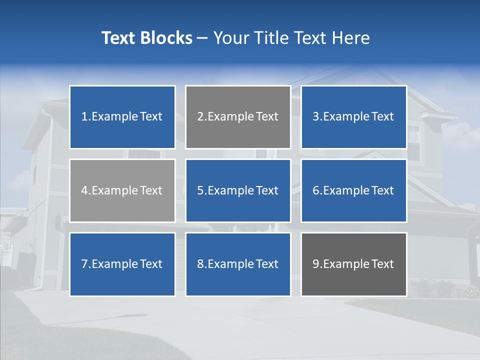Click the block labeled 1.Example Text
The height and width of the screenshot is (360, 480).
122,117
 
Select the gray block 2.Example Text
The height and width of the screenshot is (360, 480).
238,117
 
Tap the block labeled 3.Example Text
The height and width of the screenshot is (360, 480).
353,117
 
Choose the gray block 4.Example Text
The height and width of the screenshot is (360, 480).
122,190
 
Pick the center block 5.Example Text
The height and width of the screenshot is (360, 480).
238,190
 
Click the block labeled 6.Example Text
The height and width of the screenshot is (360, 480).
353,190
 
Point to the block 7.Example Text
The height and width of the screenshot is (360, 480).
122,264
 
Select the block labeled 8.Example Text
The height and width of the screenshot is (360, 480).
238,264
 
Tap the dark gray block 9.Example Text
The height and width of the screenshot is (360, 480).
353,264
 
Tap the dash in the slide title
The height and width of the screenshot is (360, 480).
202,38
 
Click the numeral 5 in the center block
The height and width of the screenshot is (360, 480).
200,190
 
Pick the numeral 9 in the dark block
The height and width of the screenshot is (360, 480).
316,264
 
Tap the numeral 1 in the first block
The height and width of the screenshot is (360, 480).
84,117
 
